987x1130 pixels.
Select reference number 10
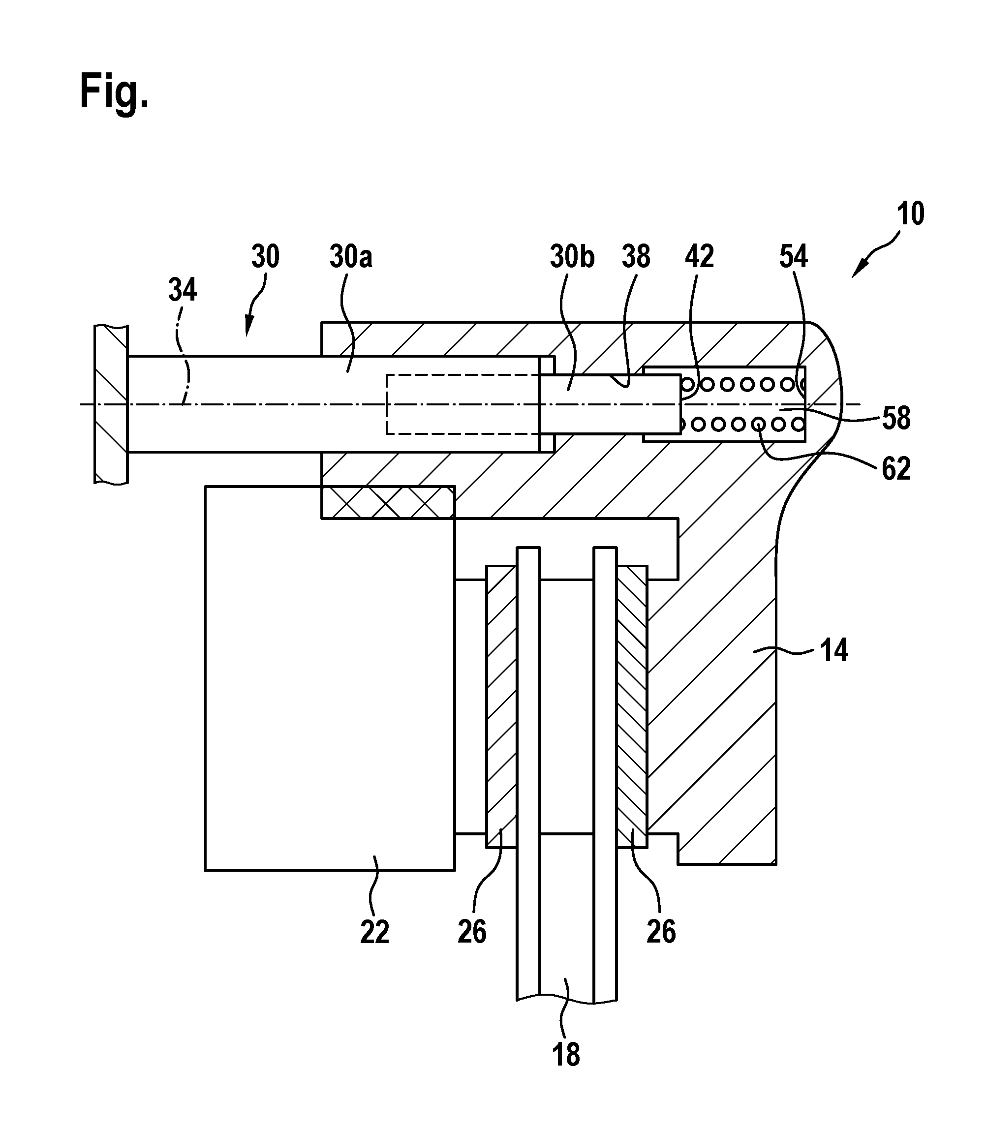910,214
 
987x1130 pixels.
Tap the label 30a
351,257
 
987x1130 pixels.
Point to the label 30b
572,257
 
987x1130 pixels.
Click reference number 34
183,290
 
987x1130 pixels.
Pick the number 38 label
636,257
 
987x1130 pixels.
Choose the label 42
700,257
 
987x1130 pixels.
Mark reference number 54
794,257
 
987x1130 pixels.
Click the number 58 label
896,419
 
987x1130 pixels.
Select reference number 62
896,469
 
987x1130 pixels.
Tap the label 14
834,650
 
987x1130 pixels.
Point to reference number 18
566,1055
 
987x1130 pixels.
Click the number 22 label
375,932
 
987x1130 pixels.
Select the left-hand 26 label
472,932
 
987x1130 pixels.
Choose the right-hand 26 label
661,932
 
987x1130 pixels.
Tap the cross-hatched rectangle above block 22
388,502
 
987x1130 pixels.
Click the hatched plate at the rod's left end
111,405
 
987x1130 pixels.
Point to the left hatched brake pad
501,706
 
